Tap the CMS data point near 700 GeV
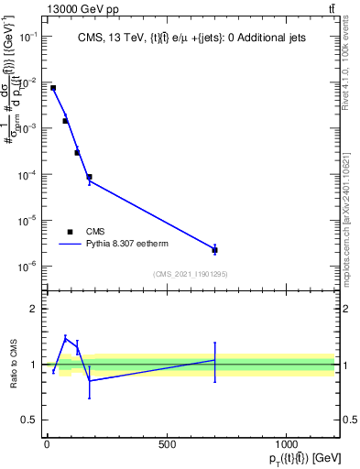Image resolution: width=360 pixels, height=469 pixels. pyautogui.click(x=214, y=250)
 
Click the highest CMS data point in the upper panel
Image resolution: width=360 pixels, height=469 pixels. pyautogui.click(x=53, y=88)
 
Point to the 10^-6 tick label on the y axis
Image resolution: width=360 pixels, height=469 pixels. pyautogui.click(x=28, y=267)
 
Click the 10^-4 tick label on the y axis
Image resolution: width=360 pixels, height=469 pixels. pyautogui.click(x=28, y=174)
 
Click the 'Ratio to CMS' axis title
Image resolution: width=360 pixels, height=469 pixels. pyautogui.click(x=14, y=365)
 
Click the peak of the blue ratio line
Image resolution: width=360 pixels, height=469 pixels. pyautogui.click(x=65, y=338)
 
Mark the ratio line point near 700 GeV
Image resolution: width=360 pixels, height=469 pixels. pyautogui.click(x=214, y=360)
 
